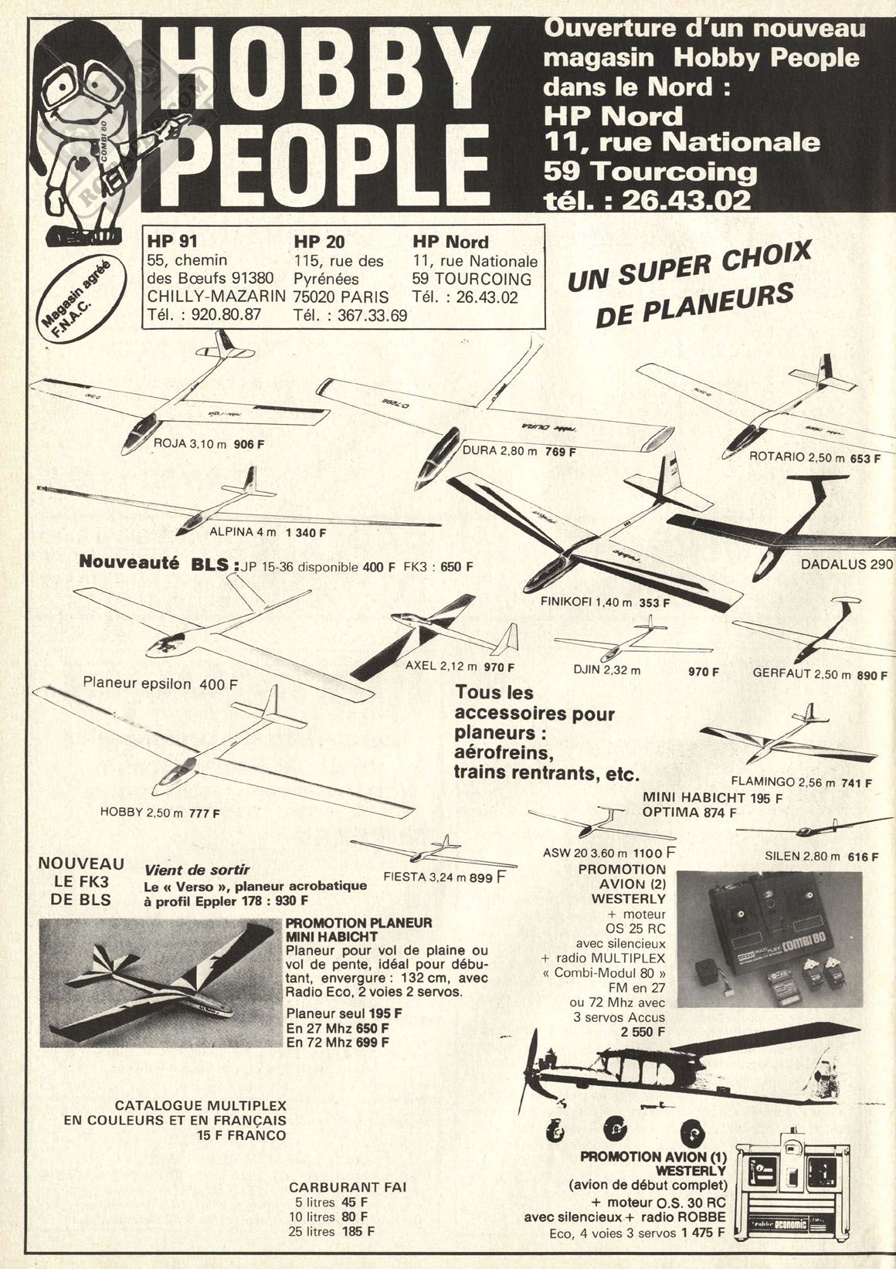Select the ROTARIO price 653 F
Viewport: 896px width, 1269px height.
pos(865,458)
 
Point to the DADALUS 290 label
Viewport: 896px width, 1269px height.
pos(847,564)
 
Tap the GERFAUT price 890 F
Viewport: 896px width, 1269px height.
pos(872,674)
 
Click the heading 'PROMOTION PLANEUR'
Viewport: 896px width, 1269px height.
pos(358,922)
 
